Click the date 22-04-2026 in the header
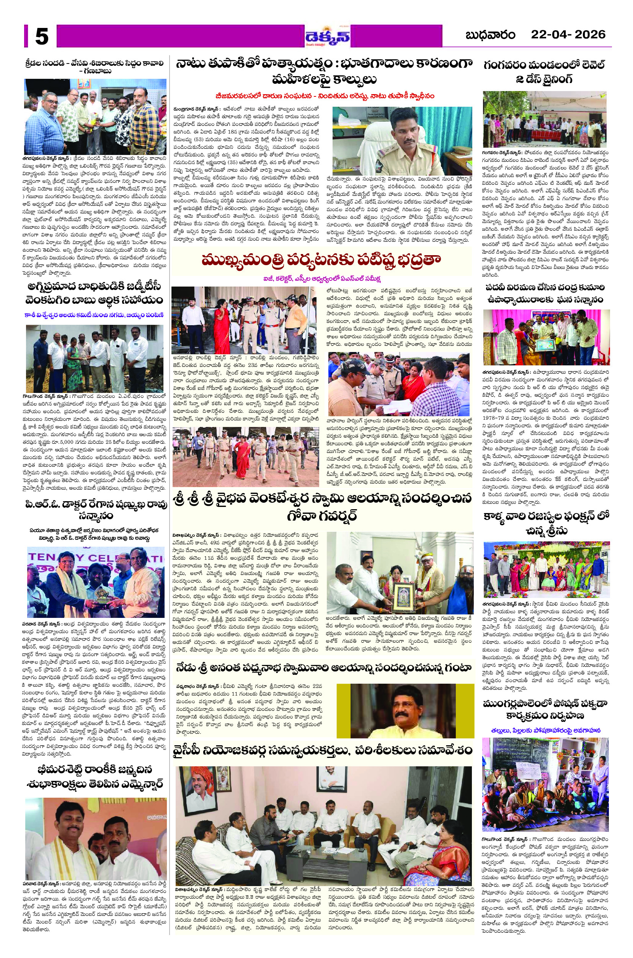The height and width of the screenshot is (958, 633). coord(568,35)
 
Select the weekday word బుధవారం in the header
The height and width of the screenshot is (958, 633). coord(491,36)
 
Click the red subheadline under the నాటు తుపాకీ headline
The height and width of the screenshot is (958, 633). coord(325,96)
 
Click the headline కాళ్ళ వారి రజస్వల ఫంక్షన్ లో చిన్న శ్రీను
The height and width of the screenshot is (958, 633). coord(546,523)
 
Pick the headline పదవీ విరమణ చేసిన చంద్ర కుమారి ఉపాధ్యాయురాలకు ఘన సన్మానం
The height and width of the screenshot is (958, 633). coord(546,293)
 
